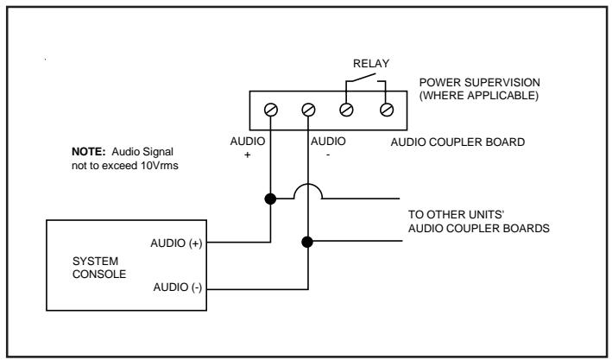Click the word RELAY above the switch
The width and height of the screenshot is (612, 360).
(x=371, y=64)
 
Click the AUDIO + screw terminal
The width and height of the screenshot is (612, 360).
(x=270, y=110)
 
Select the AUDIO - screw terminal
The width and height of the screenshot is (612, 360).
(x=308, y=110)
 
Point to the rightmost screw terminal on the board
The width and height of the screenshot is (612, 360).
(x=387, y=110)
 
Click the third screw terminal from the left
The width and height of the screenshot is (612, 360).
(x=346, y=110)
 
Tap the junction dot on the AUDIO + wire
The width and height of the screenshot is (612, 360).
(x=270, y=199)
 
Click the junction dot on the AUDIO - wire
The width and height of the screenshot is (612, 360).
(x=307, y=242)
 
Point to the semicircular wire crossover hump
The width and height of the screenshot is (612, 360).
(x=308, y=185)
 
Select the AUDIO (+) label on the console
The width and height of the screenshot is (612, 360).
(x=176, y=243)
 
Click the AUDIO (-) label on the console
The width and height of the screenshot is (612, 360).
(x=178, y=287)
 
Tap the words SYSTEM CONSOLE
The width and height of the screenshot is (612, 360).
(x=99, y=268)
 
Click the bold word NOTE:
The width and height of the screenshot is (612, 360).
(x=89, y=151)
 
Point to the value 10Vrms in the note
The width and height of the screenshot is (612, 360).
(x=160, y=166)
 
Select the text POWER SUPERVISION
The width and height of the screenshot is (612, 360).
(x=480, y=83)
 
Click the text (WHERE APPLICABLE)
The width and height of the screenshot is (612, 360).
(x=479, y=96)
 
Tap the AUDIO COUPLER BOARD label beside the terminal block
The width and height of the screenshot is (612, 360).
(x=457, y=142)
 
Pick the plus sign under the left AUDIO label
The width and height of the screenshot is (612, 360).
(x=247, y=155)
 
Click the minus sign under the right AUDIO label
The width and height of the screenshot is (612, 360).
(x=328, y=155)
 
